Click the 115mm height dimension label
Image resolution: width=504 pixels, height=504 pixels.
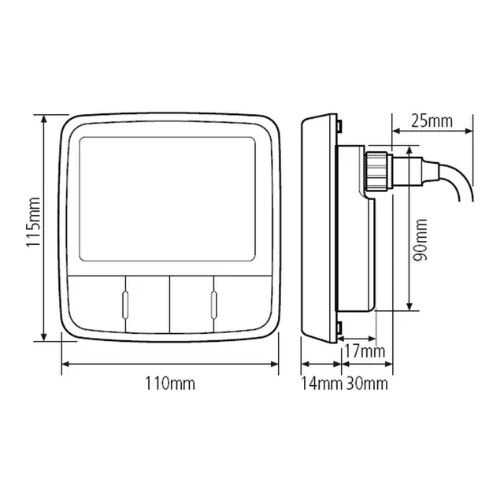(33, 222)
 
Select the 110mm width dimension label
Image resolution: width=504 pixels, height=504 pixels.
(170, 384)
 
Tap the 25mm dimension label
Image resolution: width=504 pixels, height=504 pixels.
(432, 120)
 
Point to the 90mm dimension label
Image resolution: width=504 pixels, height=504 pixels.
(421, 239)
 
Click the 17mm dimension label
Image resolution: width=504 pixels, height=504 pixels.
(365, 351)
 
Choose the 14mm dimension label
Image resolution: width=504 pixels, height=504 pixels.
(321, 384)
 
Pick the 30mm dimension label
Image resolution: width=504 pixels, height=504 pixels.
(367, 384)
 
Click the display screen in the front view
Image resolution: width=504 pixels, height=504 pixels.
(167, 199)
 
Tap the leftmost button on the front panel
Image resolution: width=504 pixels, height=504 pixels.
(96, 303)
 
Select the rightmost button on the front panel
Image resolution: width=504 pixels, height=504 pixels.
(243, 303)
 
